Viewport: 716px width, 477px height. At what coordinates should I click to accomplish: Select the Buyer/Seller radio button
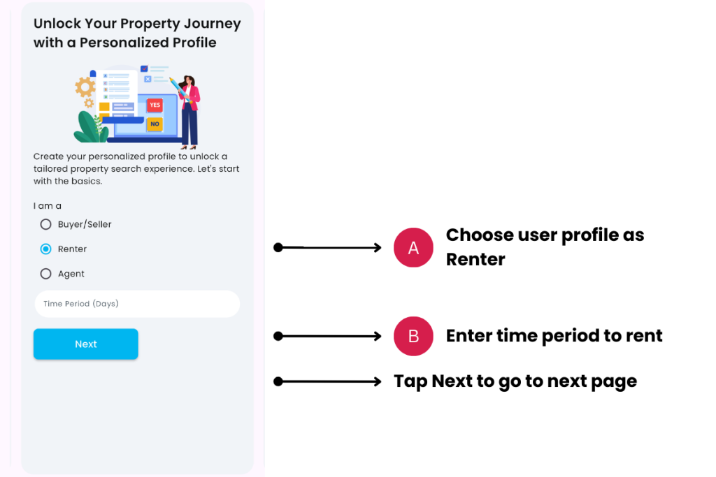pyautogui.click(x=45, y=224)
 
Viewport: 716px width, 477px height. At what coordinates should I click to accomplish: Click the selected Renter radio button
pyautogui.click(x=45, y=249)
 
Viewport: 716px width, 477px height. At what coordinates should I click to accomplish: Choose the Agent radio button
pyautogui.click(x=45, y=274)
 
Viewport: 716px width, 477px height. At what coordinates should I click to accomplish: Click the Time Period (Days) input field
pyautogui.click(x=137, y=304)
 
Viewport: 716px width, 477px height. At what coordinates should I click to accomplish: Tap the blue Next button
pyautogui.click(x=86, y=344)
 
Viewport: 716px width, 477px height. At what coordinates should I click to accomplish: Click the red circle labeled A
pyautogui.click(x=413, y=248)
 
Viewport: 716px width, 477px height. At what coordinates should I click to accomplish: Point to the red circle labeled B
pyautogui.click(x=413, y=336)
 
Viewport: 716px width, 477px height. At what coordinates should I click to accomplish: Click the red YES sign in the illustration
pyautogui.click(x=155, y=105)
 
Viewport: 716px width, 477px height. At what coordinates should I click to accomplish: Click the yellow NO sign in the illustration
pyautogui.click(x=155, y=124)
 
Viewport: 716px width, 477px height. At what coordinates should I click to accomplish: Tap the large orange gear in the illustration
pyautogui.click(x=85, y=87)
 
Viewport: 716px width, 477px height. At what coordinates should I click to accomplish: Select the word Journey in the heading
pyautogui.click(x=213, y=24)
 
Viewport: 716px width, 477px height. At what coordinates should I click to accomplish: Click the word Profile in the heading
pyautogui.click(x=194, y=43)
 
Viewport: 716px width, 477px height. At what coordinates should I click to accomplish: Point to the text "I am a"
pyautogui.click(x=47, y=206)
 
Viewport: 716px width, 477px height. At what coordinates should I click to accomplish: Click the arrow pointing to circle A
pyautogui.click(x=327, y=248)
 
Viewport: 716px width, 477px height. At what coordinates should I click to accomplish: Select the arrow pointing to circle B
pyautogui.click(x=327, y=336)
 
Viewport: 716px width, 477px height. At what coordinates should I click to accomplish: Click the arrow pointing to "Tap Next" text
pyautogui.click(x=327, y=381)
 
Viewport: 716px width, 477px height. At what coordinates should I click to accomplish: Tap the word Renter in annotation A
pyautogui.click(x=475, y=260)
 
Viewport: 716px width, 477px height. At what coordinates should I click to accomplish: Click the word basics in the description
pyautogui.click(x=87, y=181)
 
